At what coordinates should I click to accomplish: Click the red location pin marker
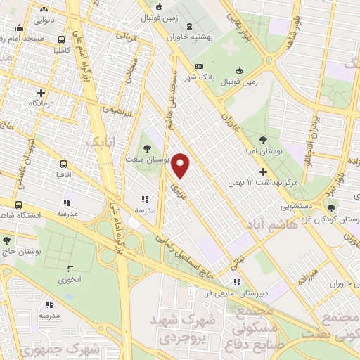tap(181, 165)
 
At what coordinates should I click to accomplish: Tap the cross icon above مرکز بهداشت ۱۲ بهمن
tap(264, 171)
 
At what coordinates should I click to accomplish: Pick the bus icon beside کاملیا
tap(63, 40)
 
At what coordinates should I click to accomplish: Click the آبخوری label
tap(69, 279)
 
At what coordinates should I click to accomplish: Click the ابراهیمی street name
tap(117, 110)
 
